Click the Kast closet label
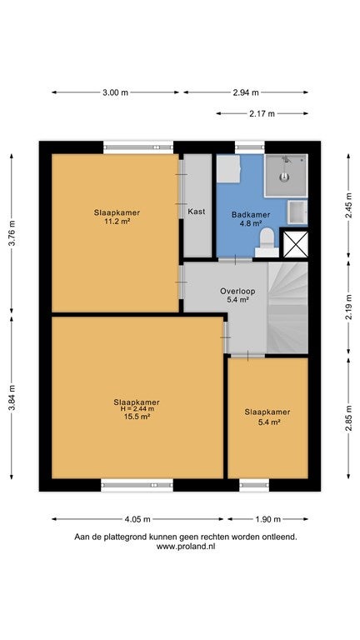(197, 212)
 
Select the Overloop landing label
(237, 291)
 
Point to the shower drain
(284, 177)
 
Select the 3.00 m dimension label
(115, 92)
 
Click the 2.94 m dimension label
(246, 92)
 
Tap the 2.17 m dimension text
(262, 113)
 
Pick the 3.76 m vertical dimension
(12, 233)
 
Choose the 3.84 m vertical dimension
(12, 398)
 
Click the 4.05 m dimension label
(137, 519)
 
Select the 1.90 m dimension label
(267, 519)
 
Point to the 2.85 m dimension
(348, 418)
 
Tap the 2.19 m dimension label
(348, 307)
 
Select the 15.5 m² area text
(137, 417)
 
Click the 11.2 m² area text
(117, 222)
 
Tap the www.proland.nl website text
(185, 547)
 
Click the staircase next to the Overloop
(287, 307)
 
